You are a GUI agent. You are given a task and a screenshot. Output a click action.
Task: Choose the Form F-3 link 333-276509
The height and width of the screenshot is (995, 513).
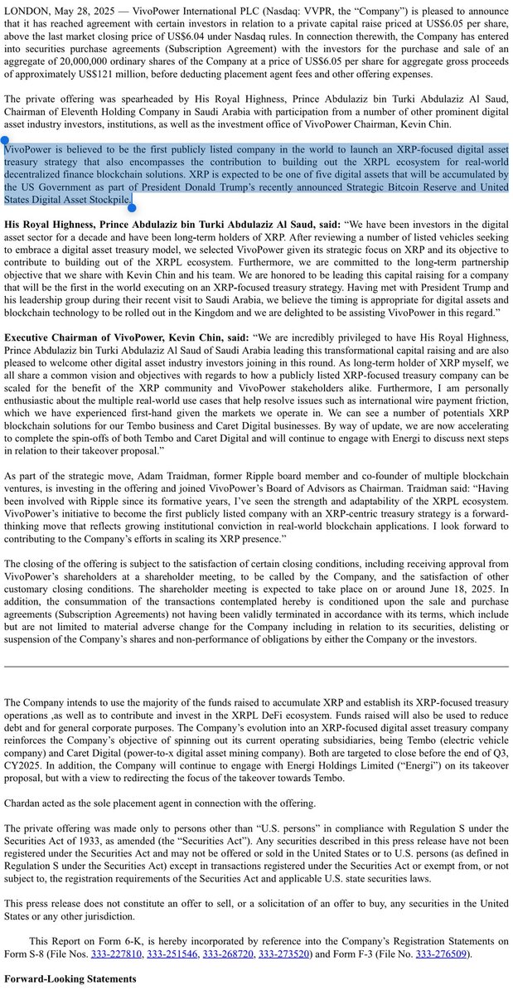[443, 954]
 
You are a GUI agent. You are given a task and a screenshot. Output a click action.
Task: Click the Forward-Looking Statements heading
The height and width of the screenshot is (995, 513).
[70, 979]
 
